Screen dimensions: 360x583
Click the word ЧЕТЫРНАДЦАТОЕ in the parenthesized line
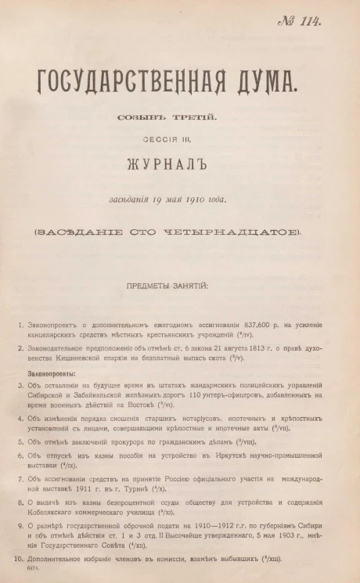tap(246, 232)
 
